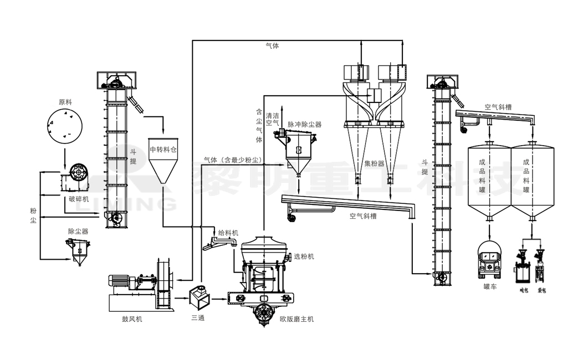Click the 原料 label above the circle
[66, 102]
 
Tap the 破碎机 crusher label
[79, 199]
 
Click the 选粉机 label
[304, 256]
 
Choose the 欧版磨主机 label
[297, 319]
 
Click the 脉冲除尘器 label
[304, 125]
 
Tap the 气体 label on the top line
[273, 46]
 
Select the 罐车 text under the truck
[490, 286]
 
